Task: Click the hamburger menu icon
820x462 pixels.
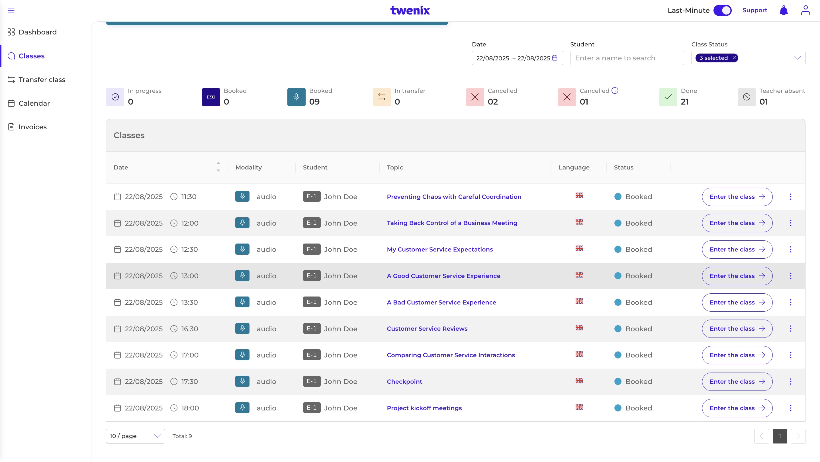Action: pyautogui.click(x=11, y=11)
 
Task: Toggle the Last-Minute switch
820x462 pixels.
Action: pyautogui.click(x=722, y=11)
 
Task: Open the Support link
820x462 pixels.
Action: pyautogui.click(x=755, y=10)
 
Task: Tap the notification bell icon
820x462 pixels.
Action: pyautogui.click(x=784, y=11)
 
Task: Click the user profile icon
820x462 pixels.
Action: pyautogui.click(x=805, y=10)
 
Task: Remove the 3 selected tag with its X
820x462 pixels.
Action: pyautogui.click(x=734, y=58)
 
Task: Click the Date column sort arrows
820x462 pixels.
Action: pyautogui.click(x=218, y=167)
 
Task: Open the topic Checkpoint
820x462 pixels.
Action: pyautogui.click(x=404, y=381)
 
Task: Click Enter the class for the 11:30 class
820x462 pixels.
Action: pyautogui.click(x=737, y=197)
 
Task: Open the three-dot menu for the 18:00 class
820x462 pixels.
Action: pyautogui.click(x=790, y=408)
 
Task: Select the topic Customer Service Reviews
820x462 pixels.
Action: pyautogui.click(x=427, y=329)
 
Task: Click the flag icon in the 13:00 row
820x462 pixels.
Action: pyautogui.click(x=579, y=275)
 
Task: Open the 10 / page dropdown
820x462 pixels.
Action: pyautogui.click(x=135, y=436)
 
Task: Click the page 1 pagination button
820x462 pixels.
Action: pyautogui.click(x=780, y=436)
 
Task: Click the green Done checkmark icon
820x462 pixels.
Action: pyautogui.click(x=668, y=97)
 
